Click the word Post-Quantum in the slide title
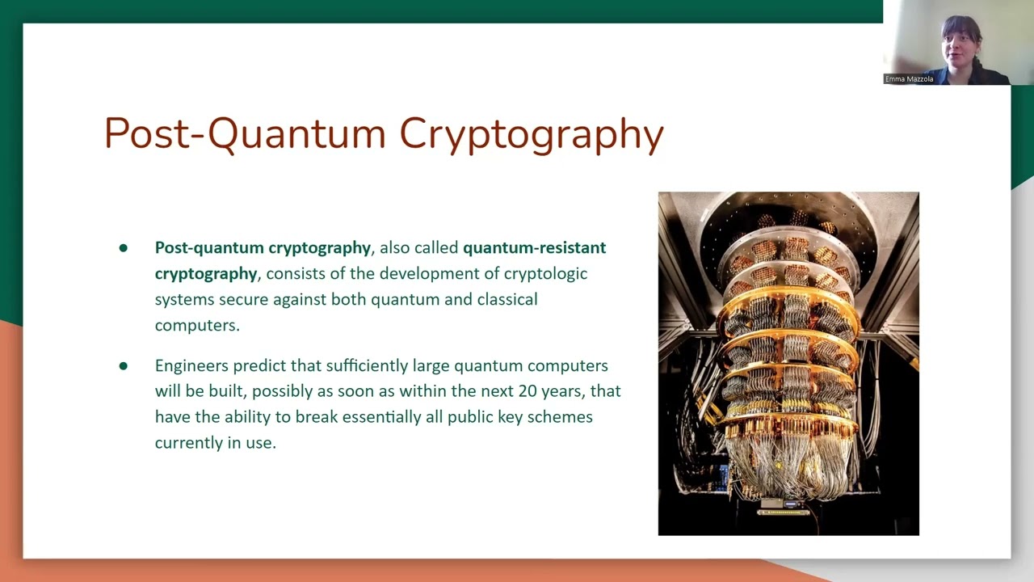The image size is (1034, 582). [x=246, y=133]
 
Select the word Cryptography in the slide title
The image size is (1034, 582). [x=531, y=135]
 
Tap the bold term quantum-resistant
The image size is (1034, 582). [x=534, y=247]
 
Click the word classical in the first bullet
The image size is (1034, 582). [x=505, y=299]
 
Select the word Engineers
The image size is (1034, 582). [x=191, y=366]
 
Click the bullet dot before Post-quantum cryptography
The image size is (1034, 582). [x=124, y=248]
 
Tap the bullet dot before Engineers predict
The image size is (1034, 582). [x=124, y=366]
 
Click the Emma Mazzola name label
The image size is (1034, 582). [x=909, y=79]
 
